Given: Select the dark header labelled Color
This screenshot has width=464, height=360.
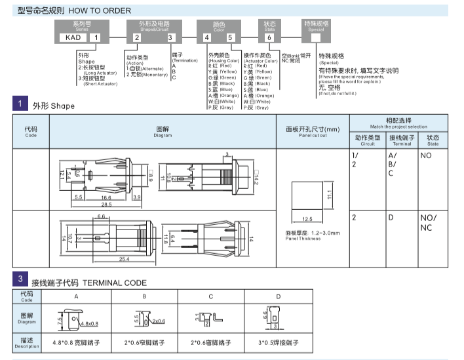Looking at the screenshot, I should [x=219, y=26].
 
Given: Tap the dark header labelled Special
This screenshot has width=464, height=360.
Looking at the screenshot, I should [x=316, y=26].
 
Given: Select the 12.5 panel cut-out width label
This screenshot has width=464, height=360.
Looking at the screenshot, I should [x=308, y=218].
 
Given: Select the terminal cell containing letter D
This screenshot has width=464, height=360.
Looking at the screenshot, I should [x=391, y=217].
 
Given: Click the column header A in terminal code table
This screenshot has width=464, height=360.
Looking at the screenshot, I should [x=76, y=297].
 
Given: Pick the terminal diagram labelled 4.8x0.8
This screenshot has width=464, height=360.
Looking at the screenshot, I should [x=76, y=321].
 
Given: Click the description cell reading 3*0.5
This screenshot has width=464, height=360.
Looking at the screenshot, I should [x=278, y=343].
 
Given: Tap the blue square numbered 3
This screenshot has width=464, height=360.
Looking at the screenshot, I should [x=21, y=281].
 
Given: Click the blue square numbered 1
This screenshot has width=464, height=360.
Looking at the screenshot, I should [x=21, y=104].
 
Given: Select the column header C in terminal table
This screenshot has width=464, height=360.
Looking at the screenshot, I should [x=211, y=297].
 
